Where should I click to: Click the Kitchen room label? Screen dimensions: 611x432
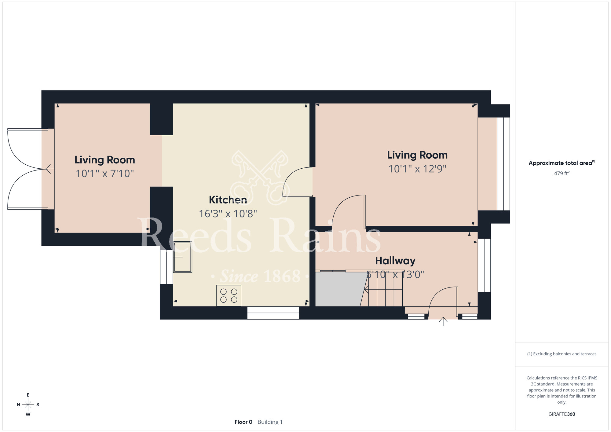[x=228, y=200]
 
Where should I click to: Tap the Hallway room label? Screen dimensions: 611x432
[x=395, y=261]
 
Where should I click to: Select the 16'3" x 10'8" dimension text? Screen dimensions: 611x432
[x=228, y=214]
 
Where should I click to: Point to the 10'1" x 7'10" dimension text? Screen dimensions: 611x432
[x=105, y=174]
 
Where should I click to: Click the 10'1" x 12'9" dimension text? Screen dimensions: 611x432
[x=417, y=169]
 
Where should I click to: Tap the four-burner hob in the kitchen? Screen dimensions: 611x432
[x=229, y=296]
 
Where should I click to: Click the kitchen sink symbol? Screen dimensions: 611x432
[x=183, y=257]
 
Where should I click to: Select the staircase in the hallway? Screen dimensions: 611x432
[x=382, y=289]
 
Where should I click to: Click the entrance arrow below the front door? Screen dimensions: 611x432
[x=443, y=322]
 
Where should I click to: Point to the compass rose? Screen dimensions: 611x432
[x=28, y=405]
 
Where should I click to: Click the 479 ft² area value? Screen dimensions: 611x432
[x=562, y=173]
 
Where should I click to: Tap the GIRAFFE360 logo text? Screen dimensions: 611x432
[x=562, y=414]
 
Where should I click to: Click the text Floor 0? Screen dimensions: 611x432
[x=243, y=422]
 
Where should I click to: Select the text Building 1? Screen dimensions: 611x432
[x=270, y=422]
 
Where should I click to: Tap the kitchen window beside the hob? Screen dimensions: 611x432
[x=273, y=313]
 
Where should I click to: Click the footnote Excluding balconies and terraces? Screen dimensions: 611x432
[x=562, y=354]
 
